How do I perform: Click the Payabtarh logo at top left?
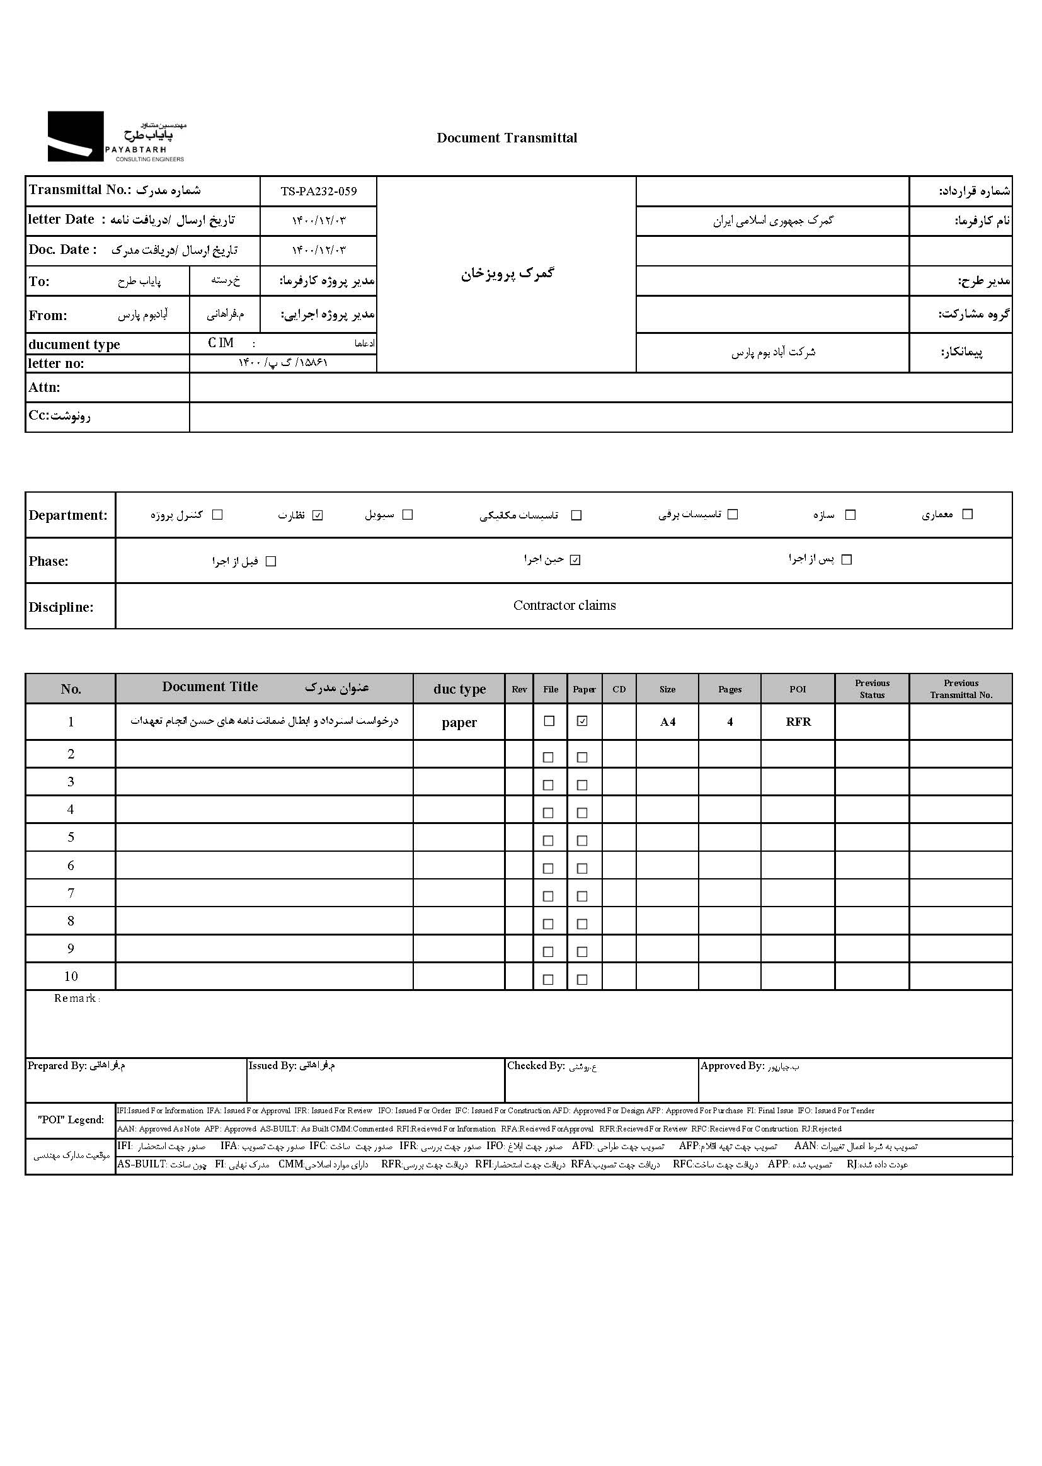[115, 137]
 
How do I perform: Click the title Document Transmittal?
[507, 138]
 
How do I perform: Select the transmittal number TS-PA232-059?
[318, 191]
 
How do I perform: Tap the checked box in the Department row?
[318, 515]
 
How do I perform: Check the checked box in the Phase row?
[575, 560]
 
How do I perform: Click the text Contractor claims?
[564, 605]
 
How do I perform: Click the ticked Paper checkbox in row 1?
[582, 721]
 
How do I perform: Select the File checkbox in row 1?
[549, 721]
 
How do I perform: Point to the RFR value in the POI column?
[798, 722]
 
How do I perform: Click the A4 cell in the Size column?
[667, 722]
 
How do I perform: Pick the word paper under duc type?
[459, 723]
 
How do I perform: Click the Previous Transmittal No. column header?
[961, 689]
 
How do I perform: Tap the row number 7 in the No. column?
[71, 893]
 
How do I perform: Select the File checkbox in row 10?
[548, 980]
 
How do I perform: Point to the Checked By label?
[535, 1066]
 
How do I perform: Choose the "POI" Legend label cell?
[71, 1120]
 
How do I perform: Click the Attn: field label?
[44, 387]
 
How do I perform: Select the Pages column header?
[730, 690]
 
